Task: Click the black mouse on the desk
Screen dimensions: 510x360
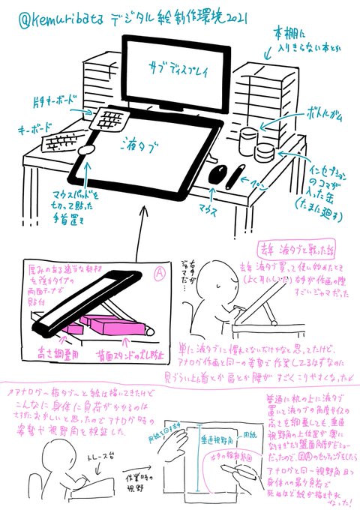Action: pyautogui.click(x=217, y=174)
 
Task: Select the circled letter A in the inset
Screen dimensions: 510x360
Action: pyautogui.click(x=159, y=274)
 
